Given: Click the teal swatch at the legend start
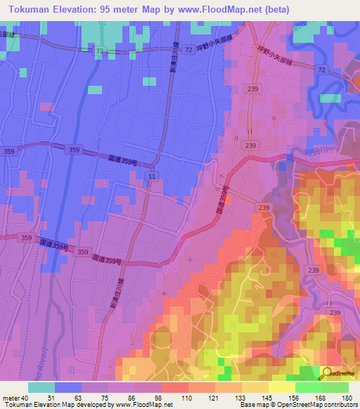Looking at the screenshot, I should tap(41, 387).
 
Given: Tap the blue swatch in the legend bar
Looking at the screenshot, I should tap(68, 387).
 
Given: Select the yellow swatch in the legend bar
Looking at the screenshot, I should tap(281, 387).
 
